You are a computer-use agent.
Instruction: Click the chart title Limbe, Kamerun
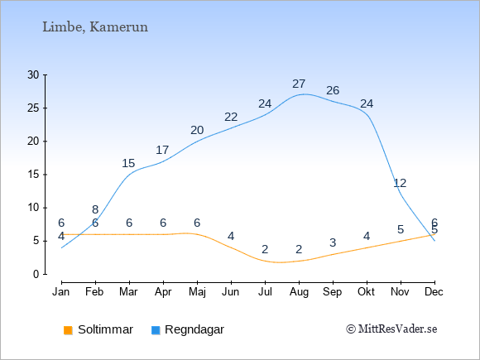pyautogui.click(x=95, y=27)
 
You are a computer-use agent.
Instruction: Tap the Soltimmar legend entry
pyautogui.click(x=98, y=329)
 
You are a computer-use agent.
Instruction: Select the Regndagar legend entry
pyautogui.click(x=188, y=329)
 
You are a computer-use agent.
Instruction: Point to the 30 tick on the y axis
pyautogui.click(x=33, y=74)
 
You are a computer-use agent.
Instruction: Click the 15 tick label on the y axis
pyautogui.click(x=33, y=175)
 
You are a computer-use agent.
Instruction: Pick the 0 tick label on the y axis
pyautogui.click(x=36, y=274)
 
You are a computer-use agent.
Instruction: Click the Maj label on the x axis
pyautogui.click(x=197, y=292)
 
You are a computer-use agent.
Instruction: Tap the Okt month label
pyautogui.click(x=366, y=292)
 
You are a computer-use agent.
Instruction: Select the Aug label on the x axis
pyautogui.click(x=299, y=292)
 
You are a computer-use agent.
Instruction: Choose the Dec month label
pyautogui.click(x=434, y=292)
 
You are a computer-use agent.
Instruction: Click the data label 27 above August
pyautogui.click(x=299, y=84)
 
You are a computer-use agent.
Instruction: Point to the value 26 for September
pyautogui.click(x=333, y=90)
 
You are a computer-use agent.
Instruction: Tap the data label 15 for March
pyautogui.click(x=128, y=163)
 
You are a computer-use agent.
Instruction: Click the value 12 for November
pyautogui.click(x=400, y=183)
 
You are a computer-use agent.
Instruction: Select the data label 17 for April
pyautogui.click(x=162, y=150)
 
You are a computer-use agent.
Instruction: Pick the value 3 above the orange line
pyautogui.click(x=333, y=242)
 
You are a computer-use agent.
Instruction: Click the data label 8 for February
pyautogui.click(x=95, y=209)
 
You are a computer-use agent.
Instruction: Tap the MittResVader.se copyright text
pyautogui.click(x=391, y=329)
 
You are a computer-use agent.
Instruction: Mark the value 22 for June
pyautogui.click(x=231, y=117)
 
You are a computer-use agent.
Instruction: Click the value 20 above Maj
pyautogui.click(x=197, y=130)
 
